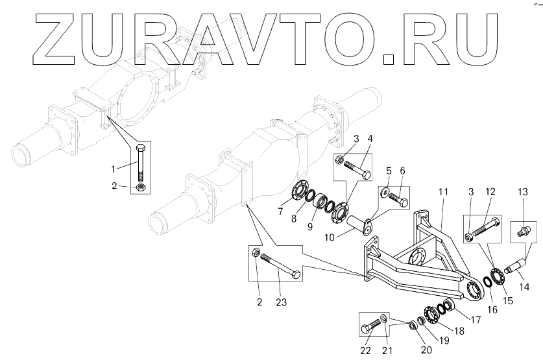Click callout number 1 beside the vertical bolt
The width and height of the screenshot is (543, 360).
[x=113, y=168]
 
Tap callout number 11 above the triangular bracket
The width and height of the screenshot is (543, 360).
[x=442, y=193]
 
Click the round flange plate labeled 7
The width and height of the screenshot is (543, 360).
[x=298, y=193]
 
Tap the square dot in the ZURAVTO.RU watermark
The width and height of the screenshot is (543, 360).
[x=389, y=59]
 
